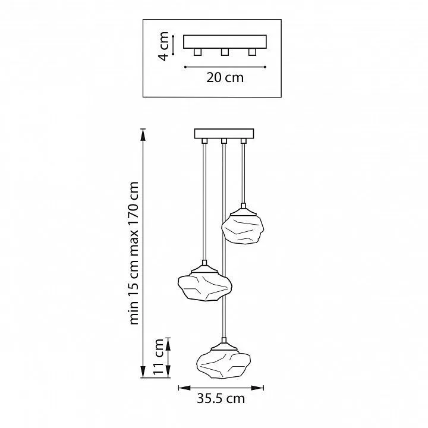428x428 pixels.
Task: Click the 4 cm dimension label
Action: pos(164,46)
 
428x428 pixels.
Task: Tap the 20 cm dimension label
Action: pos(225,77)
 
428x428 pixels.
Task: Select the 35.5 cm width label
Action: pos(221,398)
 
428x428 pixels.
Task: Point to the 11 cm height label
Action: pos(158,357)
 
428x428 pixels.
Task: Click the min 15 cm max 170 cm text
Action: pos(134,253)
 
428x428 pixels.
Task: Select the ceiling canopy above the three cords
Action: pos(224,134)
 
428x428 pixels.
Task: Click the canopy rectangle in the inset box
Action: pos(225,42)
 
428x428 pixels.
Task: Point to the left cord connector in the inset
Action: pos(197,52)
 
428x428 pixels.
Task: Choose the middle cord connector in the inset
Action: pos(225,52)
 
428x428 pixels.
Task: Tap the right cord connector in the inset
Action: pos(252,52)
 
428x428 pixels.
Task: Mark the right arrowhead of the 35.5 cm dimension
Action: pos(257,388)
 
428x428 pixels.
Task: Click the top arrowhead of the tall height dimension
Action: pos(143,135)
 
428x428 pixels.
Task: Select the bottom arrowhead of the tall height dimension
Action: pos(143,372)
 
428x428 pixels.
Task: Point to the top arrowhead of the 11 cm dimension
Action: pos(168,344)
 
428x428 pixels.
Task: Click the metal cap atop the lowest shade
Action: pos(224,346)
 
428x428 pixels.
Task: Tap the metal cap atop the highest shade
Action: pos(243,210)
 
